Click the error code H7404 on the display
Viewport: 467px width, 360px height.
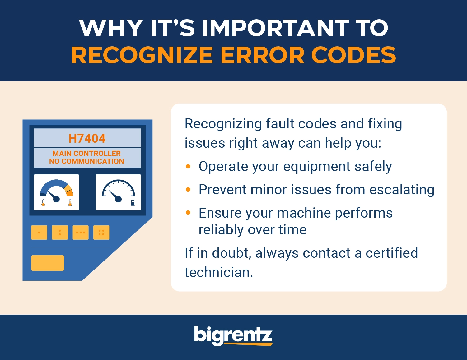coord(87,138)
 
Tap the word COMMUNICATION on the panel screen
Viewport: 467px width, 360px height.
coord(93,161)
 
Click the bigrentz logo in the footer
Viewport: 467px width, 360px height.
coord(233,336)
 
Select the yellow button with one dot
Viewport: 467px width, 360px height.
coord(39,233)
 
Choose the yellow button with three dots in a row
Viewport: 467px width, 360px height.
coord(81,233)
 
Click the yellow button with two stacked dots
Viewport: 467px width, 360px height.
coord(60,233)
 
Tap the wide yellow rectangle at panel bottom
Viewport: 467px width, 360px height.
coord(48,263)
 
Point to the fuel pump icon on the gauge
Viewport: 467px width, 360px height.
coord(133,203)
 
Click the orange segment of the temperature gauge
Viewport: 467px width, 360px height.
coord(70,193)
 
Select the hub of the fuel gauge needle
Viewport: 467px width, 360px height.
coord(119,199)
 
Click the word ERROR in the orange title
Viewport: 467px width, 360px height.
coord(262,55)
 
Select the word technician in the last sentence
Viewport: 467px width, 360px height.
coord(219,272)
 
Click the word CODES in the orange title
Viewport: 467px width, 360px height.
coord(354,55)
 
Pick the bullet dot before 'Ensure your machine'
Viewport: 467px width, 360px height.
coord(188,213)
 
